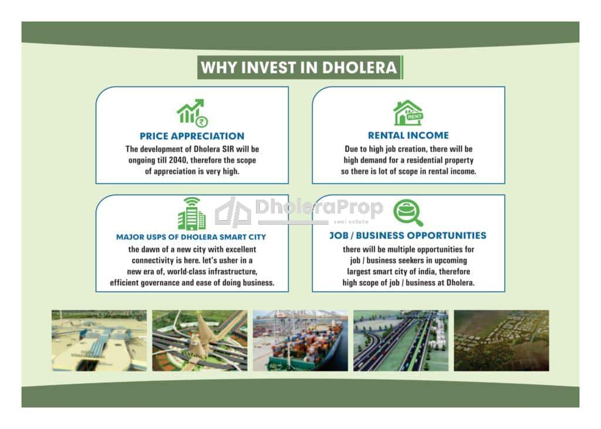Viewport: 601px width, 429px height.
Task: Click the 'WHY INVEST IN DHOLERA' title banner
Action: (x=300, y=67)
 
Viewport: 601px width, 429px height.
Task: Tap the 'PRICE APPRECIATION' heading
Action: (x=192, y=136)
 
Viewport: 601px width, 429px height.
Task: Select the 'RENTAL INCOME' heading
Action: (x=408, y=136)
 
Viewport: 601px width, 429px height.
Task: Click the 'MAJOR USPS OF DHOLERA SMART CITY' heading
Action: (x=191, y=237)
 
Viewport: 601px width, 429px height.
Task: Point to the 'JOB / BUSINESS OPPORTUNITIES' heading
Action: (x=408, y=235)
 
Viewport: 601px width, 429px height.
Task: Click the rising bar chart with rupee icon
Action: (x=192, y=113)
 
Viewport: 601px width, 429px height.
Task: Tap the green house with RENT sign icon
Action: (x=408, y=113)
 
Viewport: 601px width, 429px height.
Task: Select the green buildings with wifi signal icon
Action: (x=192, y=214)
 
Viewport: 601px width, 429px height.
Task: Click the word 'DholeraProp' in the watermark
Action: (x=319, y=207)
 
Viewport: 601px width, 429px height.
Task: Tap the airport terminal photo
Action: (x=99, y=340)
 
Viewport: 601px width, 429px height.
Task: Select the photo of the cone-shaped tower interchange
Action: (x=200, y=340)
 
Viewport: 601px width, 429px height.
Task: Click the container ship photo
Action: (x=300, y=340)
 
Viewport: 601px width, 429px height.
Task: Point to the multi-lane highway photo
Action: (x=401, y=340)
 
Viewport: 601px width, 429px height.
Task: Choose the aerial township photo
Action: (x=501, y=340)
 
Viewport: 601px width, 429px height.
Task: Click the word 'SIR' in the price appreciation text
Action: (x=228, y=149)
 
